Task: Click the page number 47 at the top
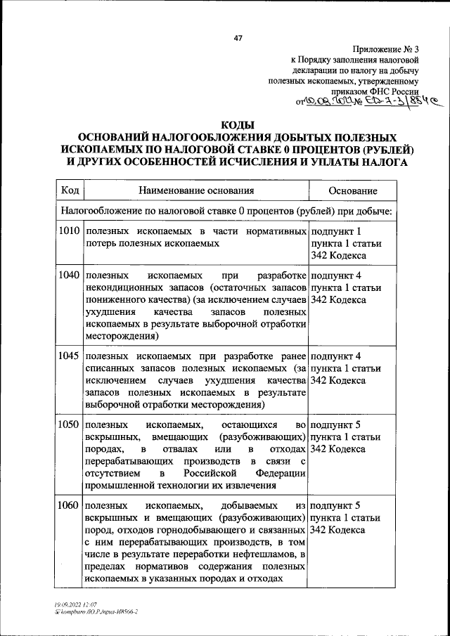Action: pos(238,39)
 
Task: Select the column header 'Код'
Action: pos(70,190)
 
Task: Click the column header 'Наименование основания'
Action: pos(196,190)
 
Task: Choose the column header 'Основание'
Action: pos(353,190)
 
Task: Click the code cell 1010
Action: pos(70,231)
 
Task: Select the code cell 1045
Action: pos(70,356)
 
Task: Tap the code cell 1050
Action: pos(70,426)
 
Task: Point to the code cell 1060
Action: pos(70,505)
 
